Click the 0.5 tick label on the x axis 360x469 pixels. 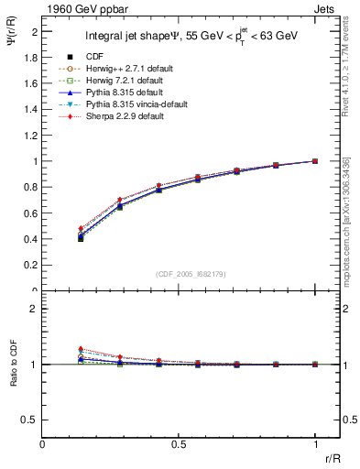pyautogui.click(x=179, y=442)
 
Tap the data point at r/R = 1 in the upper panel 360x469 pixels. pyautogui.click(x=314, y=161)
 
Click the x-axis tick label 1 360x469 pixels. pyautogui.click(x=314, y=442)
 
